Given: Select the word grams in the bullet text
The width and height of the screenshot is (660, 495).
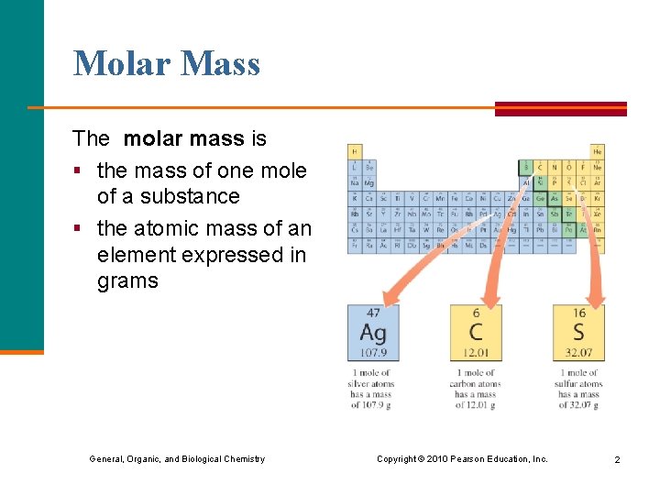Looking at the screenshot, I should (127, 281).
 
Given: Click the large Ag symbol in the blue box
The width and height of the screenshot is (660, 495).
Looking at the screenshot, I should (372, 332).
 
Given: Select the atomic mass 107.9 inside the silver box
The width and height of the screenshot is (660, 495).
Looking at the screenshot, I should (372, 353).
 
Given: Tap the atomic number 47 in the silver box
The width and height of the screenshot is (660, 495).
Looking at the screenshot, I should (372, 313).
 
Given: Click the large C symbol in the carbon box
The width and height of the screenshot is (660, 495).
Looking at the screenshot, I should (475, 332).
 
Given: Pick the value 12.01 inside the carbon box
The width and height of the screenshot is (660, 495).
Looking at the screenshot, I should (475, 353).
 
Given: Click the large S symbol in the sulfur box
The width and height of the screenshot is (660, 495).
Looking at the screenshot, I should (577, 332).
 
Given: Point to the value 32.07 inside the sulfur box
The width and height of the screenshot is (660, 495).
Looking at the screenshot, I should (577, 353).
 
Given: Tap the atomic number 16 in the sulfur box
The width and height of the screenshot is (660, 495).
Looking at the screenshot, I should (577, 313).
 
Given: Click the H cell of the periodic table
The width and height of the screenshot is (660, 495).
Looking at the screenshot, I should (354, 151).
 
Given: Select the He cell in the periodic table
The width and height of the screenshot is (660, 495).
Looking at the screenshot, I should (598, 151).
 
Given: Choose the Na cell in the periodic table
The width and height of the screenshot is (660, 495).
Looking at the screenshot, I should (354, 183).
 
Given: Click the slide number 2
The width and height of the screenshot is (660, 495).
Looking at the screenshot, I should (617, 459).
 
